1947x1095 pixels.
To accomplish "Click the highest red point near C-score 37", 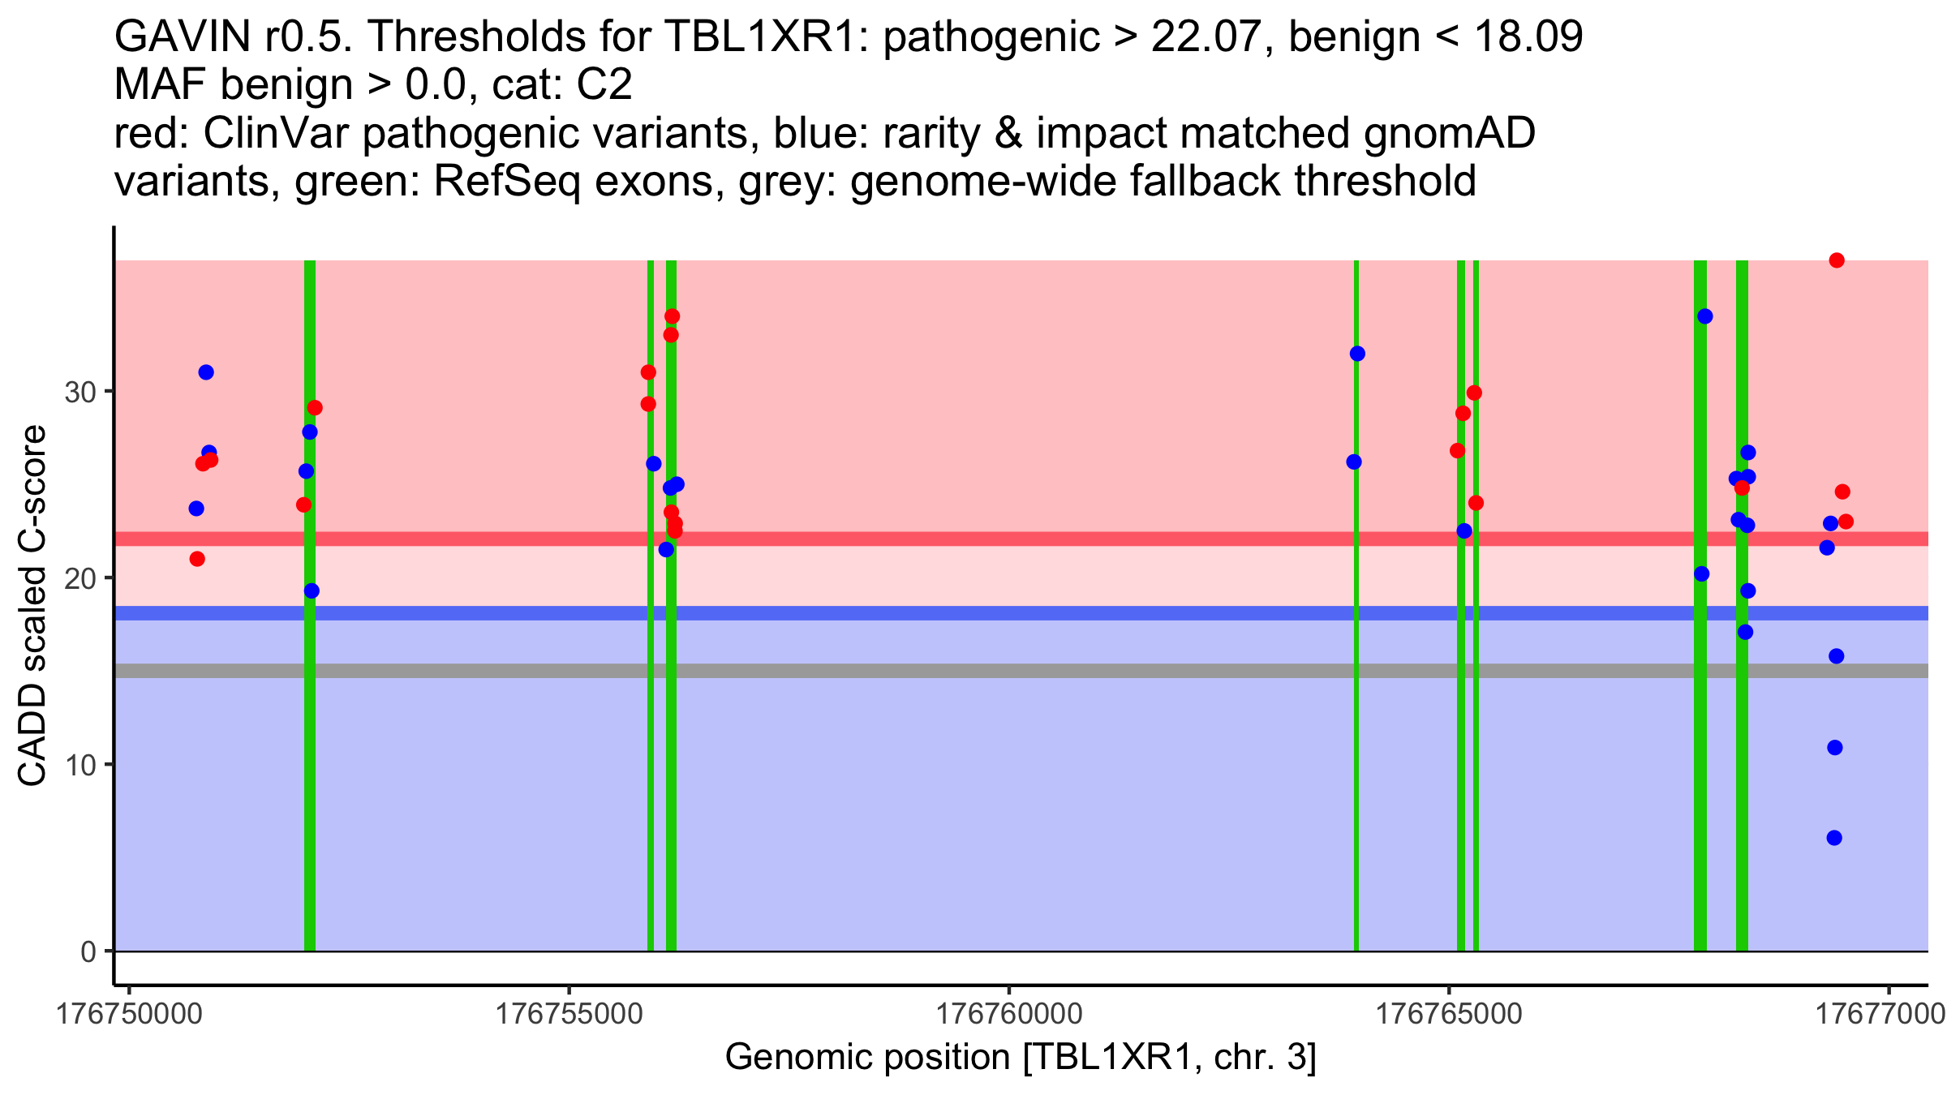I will (x=1837, y=260).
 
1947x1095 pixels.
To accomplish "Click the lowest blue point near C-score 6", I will (x=1834, y=838).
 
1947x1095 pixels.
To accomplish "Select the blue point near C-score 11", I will (x=1835, y=747).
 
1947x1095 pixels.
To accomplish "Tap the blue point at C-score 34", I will (x=1705, y=316).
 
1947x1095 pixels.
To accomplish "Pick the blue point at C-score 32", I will (x=1357, y=354).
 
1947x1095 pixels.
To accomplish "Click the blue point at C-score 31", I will (x=206, y=372).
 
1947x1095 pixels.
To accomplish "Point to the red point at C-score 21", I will (x=197, y=559).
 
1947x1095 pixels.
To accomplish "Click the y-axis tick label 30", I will (x=80, y=393).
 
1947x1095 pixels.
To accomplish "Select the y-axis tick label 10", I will (x=80, y=765).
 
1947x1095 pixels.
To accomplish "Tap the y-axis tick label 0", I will (x=88, y=951).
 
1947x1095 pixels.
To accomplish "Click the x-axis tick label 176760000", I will (x=1009, y=1014).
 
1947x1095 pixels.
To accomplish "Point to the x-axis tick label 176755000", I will (x=569, y=1014).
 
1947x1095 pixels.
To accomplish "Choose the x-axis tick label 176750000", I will (x=130, y=1014).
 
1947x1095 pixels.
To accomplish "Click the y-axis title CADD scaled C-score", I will (x=32, y=606).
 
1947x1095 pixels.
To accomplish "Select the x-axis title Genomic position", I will (x=1021, y=1057).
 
